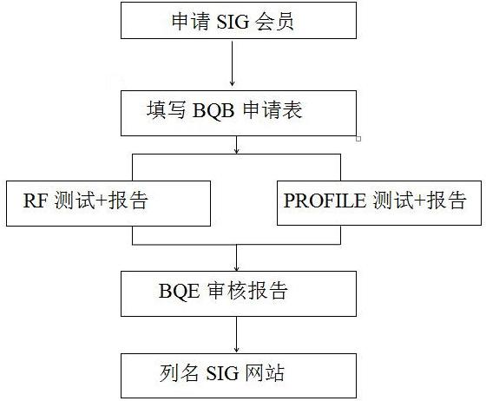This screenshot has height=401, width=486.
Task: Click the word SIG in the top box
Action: coord(233,22)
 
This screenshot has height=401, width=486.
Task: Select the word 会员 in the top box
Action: coord(274,22)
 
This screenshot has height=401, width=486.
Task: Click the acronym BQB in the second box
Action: coord(213,110)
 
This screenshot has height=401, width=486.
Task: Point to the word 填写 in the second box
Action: coord(167,110)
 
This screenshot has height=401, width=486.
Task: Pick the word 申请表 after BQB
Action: coord(273,110)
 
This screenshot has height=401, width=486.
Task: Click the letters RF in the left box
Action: coord(35,200)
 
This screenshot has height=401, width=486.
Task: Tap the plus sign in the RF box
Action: coord(101,200)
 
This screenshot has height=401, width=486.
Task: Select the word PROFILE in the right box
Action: coord(325,200)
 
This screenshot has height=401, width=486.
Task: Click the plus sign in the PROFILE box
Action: coord(420,200)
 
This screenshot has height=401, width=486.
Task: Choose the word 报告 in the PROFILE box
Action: coord(446,200)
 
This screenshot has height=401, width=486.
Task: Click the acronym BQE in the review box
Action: coord(179,291)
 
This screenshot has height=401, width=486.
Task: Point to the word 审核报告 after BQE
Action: coord(247,291)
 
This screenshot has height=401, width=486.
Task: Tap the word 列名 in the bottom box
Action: coord(179,373)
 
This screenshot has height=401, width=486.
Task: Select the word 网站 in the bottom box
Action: coord(265,373)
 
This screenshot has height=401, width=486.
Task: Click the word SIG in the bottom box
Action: coord(222,373)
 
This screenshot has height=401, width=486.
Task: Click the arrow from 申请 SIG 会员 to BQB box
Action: coord(233,63)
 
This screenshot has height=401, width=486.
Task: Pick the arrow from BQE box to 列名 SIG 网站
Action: coord(236,334)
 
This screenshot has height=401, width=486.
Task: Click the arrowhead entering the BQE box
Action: coord(236,269)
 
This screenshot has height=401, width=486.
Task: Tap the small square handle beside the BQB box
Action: coord(358,139)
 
